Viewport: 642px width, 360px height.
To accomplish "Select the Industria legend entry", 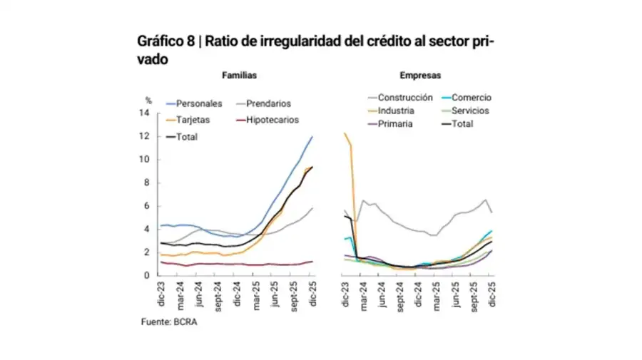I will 396,110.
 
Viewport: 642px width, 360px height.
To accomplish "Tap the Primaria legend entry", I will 394,123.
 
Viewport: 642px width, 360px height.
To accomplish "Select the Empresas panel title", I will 419,75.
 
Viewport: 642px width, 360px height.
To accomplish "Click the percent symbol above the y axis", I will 149,101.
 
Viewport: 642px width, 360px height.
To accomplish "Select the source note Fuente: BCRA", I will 168,322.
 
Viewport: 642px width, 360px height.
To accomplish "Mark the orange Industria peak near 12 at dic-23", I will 345,134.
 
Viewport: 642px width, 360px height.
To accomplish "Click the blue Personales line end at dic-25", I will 312,137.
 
